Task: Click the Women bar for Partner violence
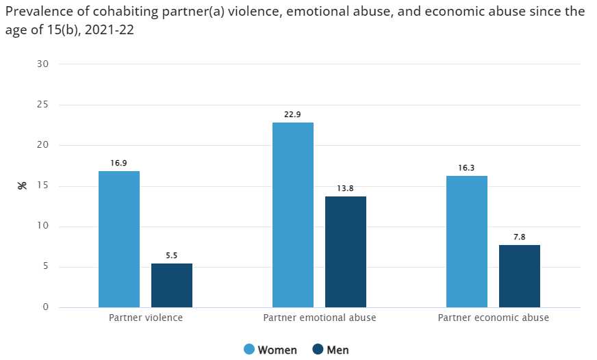click(119, 239)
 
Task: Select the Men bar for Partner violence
click(172, 285)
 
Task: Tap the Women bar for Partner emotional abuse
click(293, 215)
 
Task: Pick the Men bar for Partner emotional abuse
click(346, 252)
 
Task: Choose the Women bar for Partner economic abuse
click(467, 242)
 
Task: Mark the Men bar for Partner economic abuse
click(520, 276)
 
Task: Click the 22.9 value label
click(293, 114)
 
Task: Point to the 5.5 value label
click(172, 255)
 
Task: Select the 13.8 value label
click(346, 188)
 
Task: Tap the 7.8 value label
click(520, 237)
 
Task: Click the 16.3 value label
click(467, 168)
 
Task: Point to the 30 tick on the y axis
click(43, 64)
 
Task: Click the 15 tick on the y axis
click(43, 186)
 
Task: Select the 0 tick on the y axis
click(46, 307)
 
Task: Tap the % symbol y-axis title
click(22, 185)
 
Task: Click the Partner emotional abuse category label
click(320, 318)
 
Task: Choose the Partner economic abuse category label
click(493, 318)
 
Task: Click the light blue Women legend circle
click(249, 350)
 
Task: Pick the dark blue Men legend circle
click(318, 350)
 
